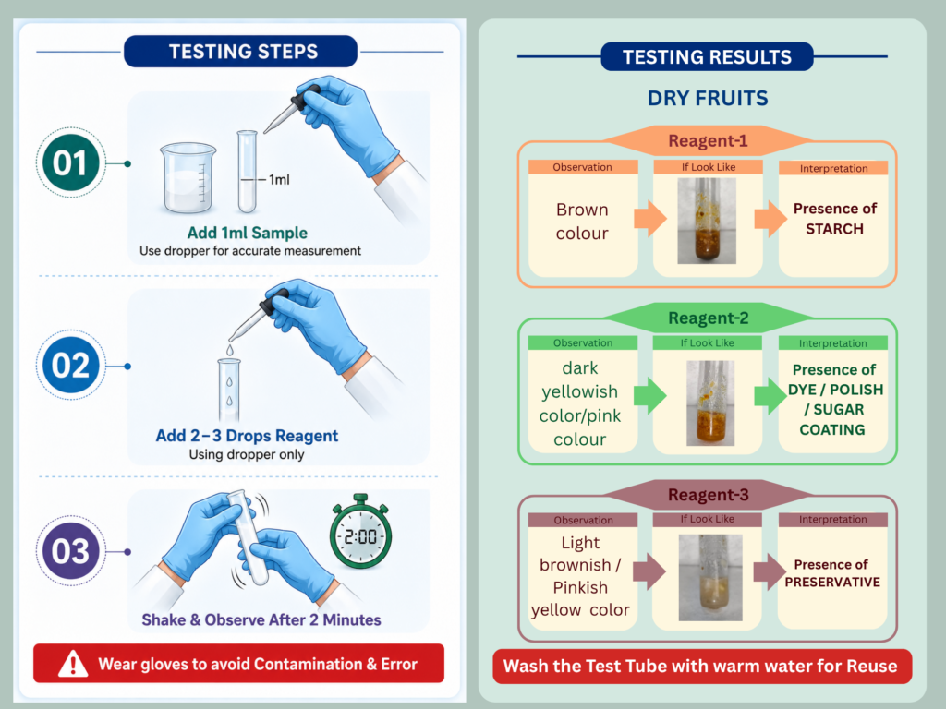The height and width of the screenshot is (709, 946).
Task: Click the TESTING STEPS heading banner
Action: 240,52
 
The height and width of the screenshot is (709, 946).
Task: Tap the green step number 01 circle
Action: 70,162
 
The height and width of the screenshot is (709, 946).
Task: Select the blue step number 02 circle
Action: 70,365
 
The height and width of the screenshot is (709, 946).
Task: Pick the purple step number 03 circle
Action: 70,551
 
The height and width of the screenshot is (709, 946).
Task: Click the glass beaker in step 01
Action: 188,178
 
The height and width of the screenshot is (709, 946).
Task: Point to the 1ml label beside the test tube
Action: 279,180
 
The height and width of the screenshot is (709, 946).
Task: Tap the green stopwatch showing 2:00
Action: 361,532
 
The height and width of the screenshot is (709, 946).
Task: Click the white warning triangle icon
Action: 73,664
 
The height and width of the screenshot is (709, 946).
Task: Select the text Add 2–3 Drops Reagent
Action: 247,436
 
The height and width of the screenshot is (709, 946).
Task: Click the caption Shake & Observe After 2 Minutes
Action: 261,619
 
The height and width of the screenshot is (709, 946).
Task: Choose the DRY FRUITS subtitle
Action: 708,98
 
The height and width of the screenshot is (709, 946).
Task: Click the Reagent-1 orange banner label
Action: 708,140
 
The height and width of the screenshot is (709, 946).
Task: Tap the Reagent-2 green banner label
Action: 708,318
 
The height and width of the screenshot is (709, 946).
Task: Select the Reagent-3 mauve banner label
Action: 708,495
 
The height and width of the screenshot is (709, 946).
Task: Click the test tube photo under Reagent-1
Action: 707,221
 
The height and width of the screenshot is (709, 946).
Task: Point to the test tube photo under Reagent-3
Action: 710,578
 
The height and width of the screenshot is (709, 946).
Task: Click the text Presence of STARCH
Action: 834,219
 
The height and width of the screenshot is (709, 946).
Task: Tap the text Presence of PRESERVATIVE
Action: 832,573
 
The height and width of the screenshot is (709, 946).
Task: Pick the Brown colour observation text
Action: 582,222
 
